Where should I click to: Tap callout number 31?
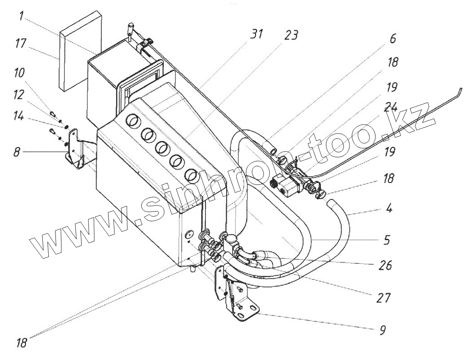[x=256, y=34]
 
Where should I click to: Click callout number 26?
[x=385, y=266]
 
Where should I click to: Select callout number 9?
[x=382, y=330]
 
